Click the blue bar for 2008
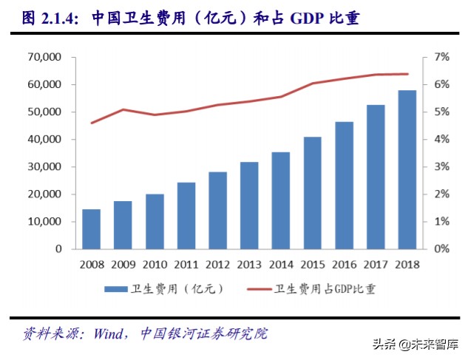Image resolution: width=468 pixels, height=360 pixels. coord(91,229)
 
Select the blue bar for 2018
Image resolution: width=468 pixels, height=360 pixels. coord(407,169)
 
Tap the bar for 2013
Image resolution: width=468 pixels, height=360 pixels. coord(249,206)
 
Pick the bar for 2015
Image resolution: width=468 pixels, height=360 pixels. coord(312,193)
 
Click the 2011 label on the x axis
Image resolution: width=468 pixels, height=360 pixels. coord(186,264)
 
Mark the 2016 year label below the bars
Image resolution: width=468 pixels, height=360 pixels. coord(344,264)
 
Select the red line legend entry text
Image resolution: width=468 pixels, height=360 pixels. coord(325,289)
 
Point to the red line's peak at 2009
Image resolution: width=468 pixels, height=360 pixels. coord(123,109)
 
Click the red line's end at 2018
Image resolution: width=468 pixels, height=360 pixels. coord(407,74)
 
